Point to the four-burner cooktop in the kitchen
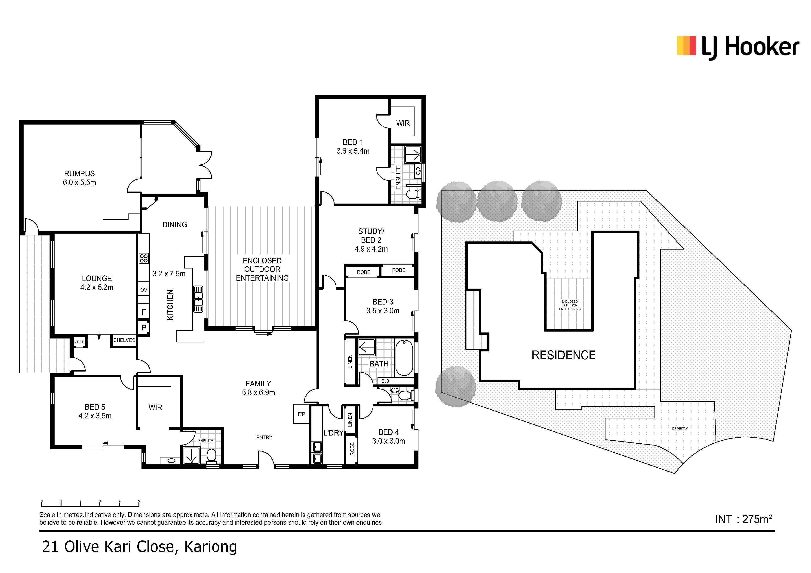pyautogui.click(x=144, y=258)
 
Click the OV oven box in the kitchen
pyautogui.click(x=143, y=290)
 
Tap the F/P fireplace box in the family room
pyautogui.click(x=301, y=414)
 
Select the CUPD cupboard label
pyautogui.click(x=80, y=342)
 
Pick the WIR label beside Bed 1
pyautogui.click(x=403, y=123)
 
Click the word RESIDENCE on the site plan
pyautogui.click(x=563, y=355)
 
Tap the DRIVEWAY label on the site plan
pyautogui.click(x=680, y=429)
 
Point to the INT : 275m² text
pyautogui.click(x=743, y=519)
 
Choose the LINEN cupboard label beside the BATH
pyautogui.click(x=350, y=362)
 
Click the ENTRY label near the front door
pyautogui.click(x=264, y=437)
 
